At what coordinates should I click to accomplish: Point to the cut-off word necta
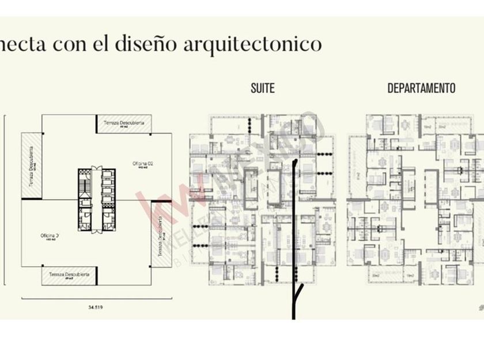pyautogui.click(x=23, y=44)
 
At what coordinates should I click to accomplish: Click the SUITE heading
pyautogui.click(x=262, y=88)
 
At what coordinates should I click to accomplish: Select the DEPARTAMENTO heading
pyautogui.click(x=421, y=88)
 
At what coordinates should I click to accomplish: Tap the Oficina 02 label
pyautogui.click(x=142, y=164)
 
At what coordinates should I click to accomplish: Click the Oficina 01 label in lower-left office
pyautogui.click(x=51, y=236)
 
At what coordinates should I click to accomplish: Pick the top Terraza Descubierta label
pyautogui.click(x=123, y=123)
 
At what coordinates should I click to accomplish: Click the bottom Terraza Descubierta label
pyautogui.click(x=69, y=275)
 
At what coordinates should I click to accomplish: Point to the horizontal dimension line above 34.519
pyautogui.click(x=96, y=298)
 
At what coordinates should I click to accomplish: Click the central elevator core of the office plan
pyautogui.click(x=96, y=199)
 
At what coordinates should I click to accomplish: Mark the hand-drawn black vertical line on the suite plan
pyautogui.click(x=294, y=225)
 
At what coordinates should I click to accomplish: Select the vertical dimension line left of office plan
pyautogui.click(x=5, y=199)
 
